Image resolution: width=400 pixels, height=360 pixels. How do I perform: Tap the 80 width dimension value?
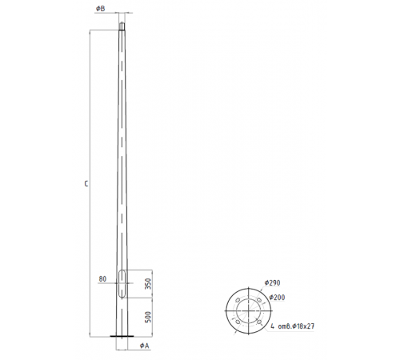pos(102,279)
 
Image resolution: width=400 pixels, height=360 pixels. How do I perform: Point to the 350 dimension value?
pos(149,284)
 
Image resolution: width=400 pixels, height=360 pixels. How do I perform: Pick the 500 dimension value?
pos(149,317)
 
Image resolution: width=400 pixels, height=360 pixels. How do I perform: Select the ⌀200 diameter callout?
pos(278,297)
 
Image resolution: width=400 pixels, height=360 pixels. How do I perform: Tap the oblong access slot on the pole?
pos(122,284)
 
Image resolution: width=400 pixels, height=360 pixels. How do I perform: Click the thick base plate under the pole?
pos(122,335)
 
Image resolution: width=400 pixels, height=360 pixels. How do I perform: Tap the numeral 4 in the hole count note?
pos(272,326)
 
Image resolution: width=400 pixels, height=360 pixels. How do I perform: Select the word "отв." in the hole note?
pos(285,326)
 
